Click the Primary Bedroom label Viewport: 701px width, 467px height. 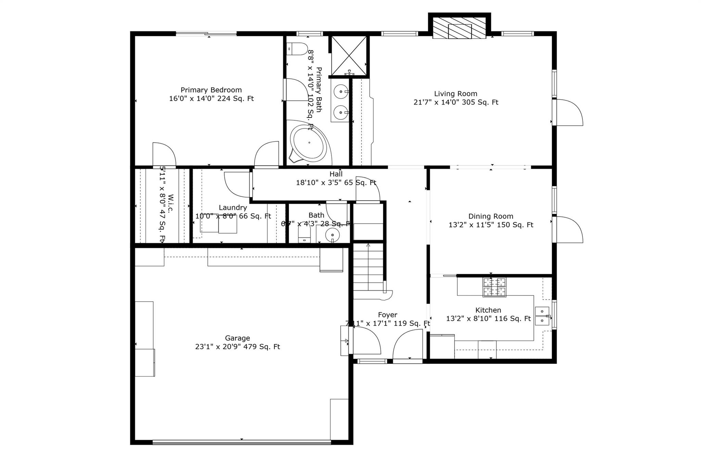point(211,90)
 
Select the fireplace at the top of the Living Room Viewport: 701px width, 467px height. point(459,28)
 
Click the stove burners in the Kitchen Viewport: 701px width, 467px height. point(494,287)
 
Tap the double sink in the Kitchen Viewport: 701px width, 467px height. point(542,316)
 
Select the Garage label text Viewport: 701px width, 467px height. point(237,338)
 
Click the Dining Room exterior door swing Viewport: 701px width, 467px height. point(568,230)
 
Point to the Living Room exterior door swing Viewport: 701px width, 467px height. point(568,113)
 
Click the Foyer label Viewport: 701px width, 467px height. point(387,315)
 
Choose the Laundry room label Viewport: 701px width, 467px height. point(233,208)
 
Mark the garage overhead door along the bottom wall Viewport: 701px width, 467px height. point(241,442)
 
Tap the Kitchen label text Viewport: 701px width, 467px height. point(488,310)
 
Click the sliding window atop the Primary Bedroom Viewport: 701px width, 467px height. point(206,34)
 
